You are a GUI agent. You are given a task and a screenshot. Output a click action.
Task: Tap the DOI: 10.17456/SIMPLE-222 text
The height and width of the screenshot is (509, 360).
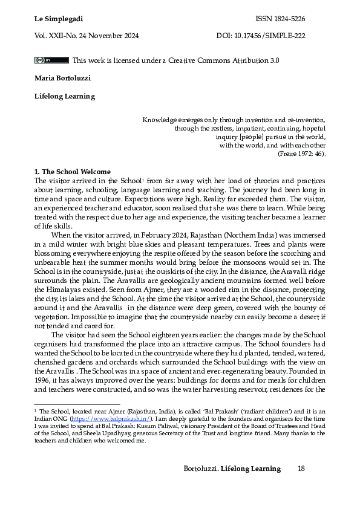click(x=260, y=36)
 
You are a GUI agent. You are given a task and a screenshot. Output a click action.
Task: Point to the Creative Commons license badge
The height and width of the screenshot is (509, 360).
click(x=51, y=60)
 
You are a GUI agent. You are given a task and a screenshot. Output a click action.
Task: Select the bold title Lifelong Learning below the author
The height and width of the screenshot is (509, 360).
click(x=64, y=96)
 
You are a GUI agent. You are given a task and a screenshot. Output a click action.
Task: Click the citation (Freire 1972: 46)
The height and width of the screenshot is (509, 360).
click(x=301, y=154)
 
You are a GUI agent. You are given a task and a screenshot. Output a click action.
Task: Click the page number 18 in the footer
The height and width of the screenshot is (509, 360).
click(x=301, y=468)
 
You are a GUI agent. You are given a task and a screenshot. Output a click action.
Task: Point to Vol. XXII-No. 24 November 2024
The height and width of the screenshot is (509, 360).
click(x=87, y=36)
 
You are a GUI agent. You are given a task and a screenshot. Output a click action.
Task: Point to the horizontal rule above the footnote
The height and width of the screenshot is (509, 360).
click(x=77, y=404)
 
